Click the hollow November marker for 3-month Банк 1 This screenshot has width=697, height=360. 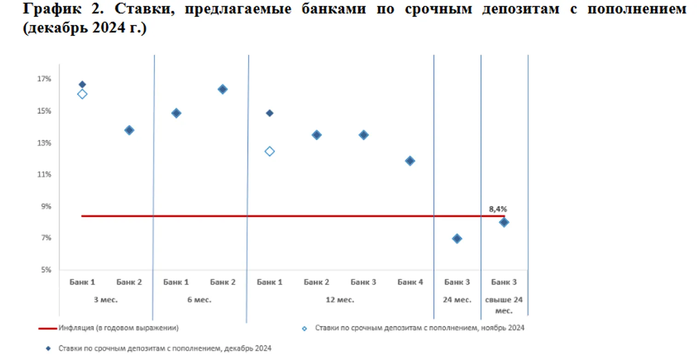pos(82,94)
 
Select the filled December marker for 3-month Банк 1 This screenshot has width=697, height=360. pos(82,84)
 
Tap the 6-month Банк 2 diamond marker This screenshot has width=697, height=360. pos(223,89)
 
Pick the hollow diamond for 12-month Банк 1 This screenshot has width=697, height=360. pos(270,151)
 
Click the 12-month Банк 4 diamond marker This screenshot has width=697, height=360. pos(410,161)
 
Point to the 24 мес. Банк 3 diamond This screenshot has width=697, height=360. pos(457,238)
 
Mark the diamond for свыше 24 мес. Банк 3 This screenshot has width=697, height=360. pos(504,222)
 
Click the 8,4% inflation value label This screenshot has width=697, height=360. pos(498,209)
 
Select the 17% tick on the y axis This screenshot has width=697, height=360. pos(45,79)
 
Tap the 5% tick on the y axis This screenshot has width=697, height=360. pos(46,270)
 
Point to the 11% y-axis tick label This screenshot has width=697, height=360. pos(45,174)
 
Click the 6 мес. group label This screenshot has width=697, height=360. pos(199,300)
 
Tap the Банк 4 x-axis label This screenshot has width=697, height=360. pos(410,282)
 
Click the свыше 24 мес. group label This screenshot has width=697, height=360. pos(504,305)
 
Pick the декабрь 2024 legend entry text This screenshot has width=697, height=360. pos(165,348)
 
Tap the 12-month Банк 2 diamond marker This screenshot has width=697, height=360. pos(317,135)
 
